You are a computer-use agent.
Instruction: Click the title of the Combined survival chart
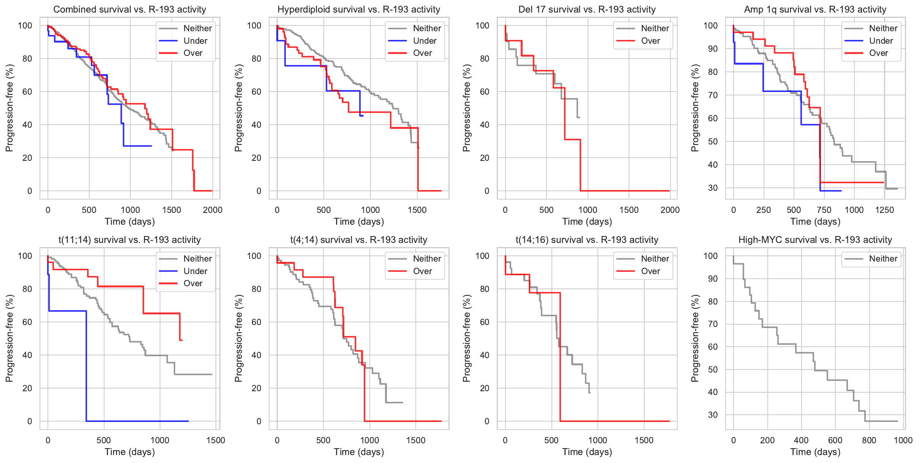point(130,10)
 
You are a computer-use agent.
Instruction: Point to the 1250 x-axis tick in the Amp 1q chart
point(884,210)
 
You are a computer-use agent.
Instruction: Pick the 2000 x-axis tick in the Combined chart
point(212,210)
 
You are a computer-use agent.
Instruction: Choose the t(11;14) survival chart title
point(130,240)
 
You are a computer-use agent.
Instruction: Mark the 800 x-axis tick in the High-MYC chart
point(869,440)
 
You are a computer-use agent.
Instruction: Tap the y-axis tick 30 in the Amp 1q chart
point(713,188)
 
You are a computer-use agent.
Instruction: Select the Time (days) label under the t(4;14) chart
point(359,452)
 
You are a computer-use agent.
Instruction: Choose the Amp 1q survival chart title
point(815,10)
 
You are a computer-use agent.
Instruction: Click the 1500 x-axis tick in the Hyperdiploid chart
point(417,210)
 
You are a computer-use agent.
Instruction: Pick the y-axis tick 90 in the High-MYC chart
point(713,279)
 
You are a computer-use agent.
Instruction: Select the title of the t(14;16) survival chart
point(587,240)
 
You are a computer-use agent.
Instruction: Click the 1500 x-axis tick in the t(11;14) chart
point(215,440)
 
